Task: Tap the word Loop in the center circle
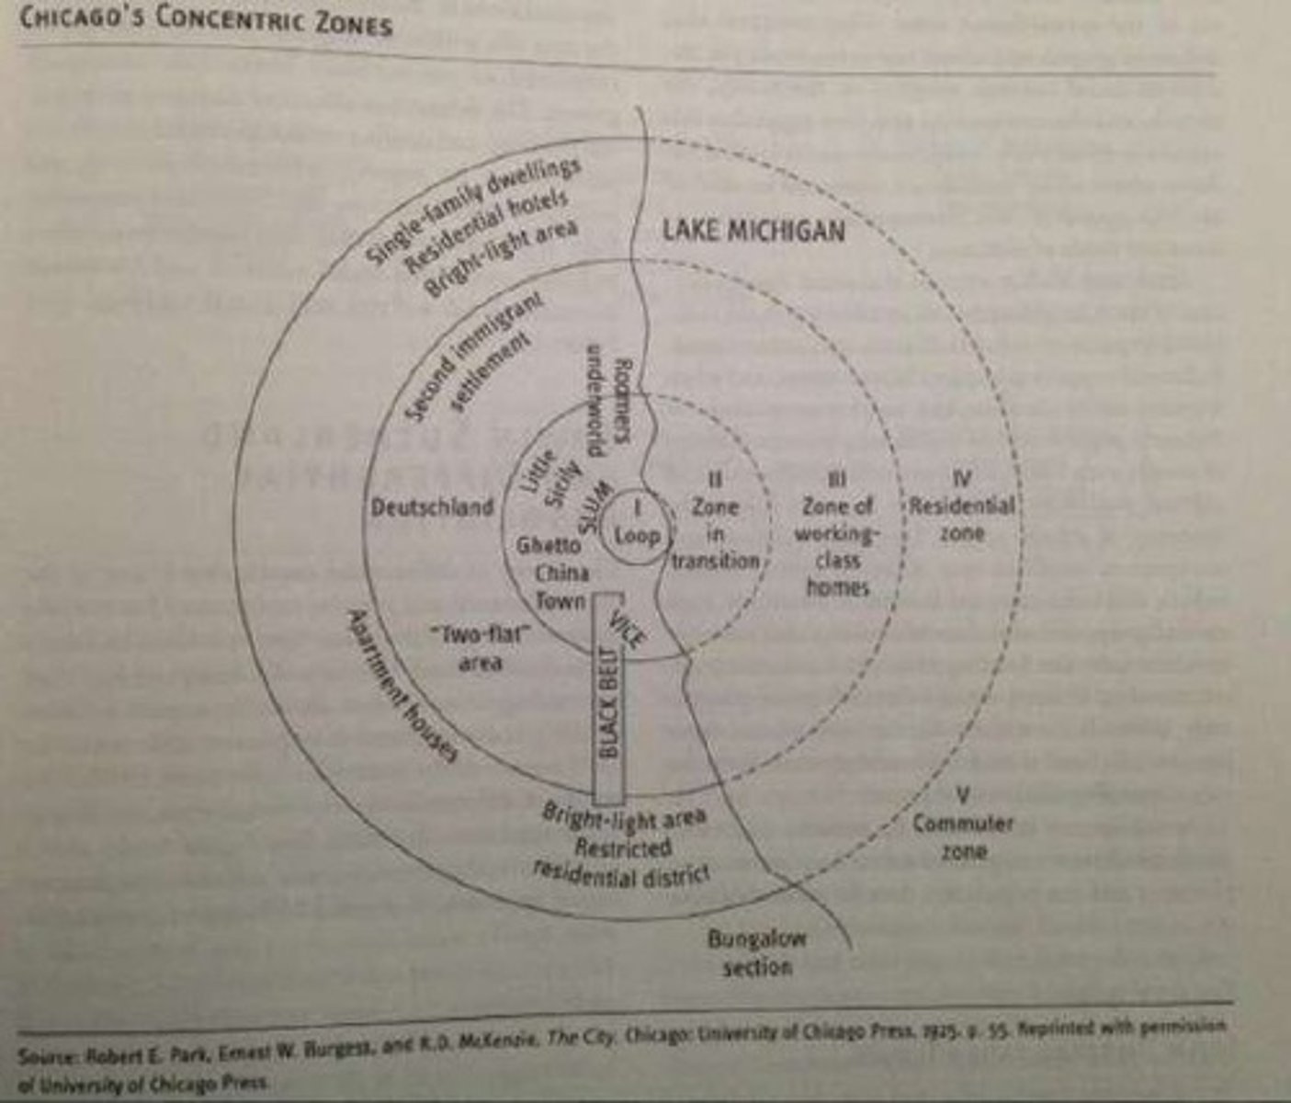[x=637, y=535]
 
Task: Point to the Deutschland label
[x=432, y=507]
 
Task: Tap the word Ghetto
[x=549, y=545]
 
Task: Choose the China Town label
[x=561, y=586]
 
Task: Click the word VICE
[x=629, y=630]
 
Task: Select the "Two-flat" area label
[x=481, y=647]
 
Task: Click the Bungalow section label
[x=756, y=952]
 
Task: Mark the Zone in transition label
[x=715, y=534]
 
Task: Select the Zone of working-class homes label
[x=837, y=547]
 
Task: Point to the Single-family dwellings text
[x=473, y=210]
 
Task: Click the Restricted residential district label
[x=622, y=860]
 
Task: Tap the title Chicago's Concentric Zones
[x=206, y=21]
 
